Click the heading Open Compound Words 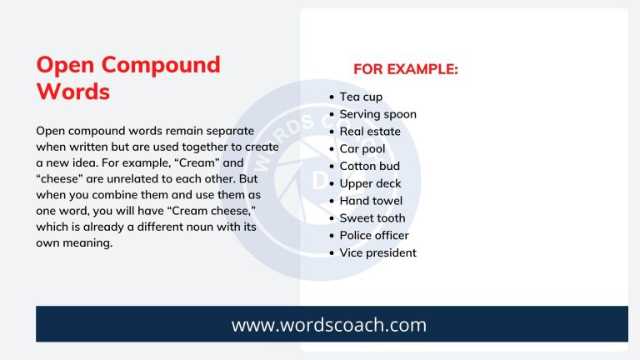click(x=128, y=77)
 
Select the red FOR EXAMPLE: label click(x=405, y=69)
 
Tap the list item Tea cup click(x=361, y=97)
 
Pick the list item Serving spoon click(x=377, y=114)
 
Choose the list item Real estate click(x=370, y=132)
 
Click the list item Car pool click(x=362, y=149)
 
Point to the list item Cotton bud click(x=369, y=166)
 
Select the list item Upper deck click(x=370, y=183)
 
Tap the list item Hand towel click(x=371, y=201)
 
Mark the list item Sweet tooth click(x=372, y=218)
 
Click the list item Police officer click(x=374, y=236)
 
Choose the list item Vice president click(x=377, y=252)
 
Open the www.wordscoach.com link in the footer click(x=328, y=324)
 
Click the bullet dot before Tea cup click(x=332, y=97)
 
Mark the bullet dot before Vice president click(x=332, y=253)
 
